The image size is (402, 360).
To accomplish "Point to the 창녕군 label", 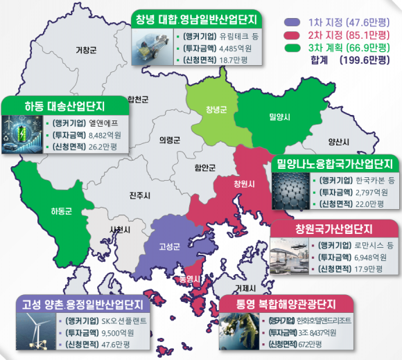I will pyautogui.click(x=216, y=109).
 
